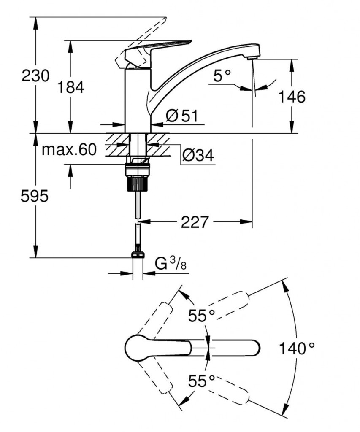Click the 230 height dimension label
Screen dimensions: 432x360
tap(35, 76)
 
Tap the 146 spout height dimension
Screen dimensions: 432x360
tap(292, 97)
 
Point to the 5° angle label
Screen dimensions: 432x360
tap(222, 76)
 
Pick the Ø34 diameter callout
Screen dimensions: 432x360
tap(198, 156)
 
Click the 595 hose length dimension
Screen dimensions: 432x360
tap(35, 196)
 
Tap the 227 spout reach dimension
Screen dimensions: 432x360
tap(195, 222)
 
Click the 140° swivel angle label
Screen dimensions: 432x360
tap(297, 348)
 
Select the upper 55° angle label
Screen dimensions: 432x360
tap(202, 316)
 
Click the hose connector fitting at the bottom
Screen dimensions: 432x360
tap(138, 253)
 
